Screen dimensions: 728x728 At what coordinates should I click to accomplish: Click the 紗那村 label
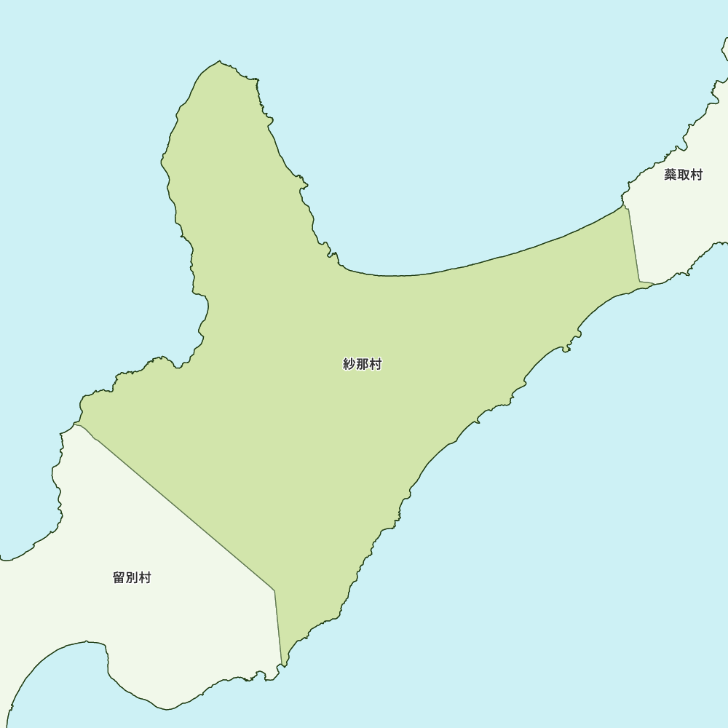[363, 365]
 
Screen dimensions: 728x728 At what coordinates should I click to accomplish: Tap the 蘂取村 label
[683, 175]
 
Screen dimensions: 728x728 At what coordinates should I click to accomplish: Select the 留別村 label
[132, 578]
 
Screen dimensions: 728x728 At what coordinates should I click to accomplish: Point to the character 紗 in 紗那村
[349, 365]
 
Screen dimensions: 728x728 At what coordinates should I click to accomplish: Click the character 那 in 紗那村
[363, 365]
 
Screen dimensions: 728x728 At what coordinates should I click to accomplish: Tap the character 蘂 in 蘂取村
[670, 175]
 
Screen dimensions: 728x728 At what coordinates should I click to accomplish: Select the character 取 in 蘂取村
[683, 175]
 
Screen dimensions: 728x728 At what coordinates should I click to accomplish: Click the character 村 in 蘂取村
[696, 175]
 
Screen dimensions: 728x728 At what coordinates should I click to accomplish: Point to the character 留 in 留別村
[119, 578]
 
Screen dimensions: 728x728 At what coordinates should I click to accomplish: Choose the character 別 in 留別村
[132, 578]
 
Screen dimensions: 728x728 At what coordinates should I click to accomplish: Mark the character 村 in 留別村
[145, 578]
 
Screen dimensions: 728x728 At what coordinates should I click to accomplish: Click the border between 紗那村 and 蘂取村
[633, 245]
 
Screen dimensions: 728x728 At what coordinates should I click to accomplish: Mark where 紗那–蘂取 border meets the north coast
[625, 207]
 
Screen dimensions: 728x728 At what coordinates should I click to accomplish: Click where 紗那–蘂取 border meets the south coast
[641, 282]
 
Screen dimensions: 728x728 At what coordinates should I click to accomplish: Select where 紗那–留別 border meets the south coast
[282, 665]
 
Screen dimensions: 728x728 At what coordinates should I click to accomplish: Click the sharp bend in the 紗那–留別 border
[274, 590]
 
